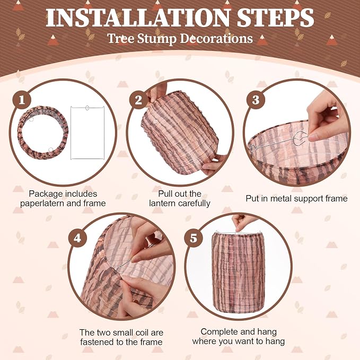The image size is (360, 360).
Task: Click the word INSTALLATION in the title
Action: point(138,18)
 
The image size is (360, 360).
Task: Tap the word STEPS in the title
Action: point(275,18)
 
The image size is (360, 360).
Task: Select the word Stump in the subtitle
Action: point(157,39)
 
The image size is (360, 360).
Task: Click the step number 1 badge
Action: point(22,100)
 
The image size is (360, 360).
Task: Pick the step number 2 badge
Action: point(138,100)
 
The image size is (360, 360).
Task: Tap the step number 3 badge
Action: point(256,100)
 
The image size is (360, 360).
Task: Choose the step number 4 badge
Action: point(77,238)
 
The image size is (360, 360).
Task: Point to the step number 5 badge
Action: point(194,238)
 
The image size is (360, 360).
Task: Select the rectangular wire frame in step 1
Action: point(71,133)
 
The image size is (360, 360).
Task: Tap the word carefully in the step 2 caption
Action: point(194,204)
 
